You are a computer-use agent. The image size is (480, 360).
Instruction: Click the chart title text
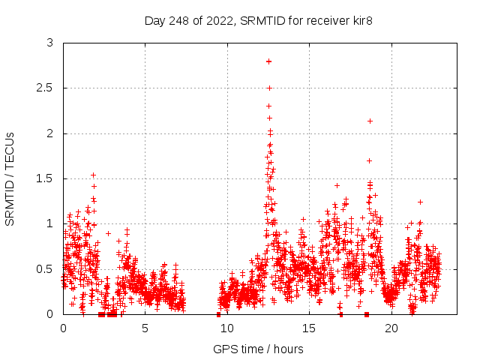click(259, 20)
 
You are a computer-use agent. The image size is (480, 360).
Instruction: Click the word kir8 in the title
click(361, 20)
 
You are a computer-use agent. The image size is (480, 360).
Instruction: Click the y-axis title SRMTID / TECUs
click(10, 178)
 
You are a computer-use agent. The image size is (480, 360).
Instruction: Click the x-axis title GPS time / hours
click(259, 349)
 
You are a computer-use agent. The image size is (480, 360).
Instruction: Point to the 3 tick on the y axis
click(50, 43)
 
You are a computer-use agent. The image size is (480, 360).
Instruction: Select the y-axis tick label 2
click(50, 133)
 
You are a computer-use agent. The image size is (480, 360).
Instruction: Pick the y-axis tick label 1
click(50, 223)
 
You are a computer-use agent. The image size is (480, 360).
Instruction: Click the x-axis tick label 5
click(145, 328)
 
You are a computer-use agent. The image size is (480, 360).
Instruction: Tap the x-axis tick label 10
click(226, 328)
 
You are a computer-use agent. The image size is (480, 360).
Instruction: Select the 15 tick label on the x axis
click(309, 328)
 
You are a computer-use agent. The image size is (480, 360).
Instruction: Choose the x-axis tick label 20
click(391, 328)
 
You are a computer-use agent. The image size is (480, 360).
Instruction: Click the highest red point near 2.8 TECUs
click(268, 61)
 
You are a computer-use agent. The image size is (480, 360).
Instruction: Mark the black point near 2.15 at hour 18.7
click(370, 121)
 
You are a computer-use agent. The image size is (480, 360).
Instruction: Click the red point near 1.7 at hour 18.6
click(369, 160)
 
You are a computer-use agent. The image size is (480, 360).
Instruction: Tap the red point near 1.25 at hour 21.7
click(420, 202)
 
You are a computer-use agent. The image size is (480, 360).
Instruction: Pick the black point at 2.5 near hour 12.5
click(269, 88)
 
